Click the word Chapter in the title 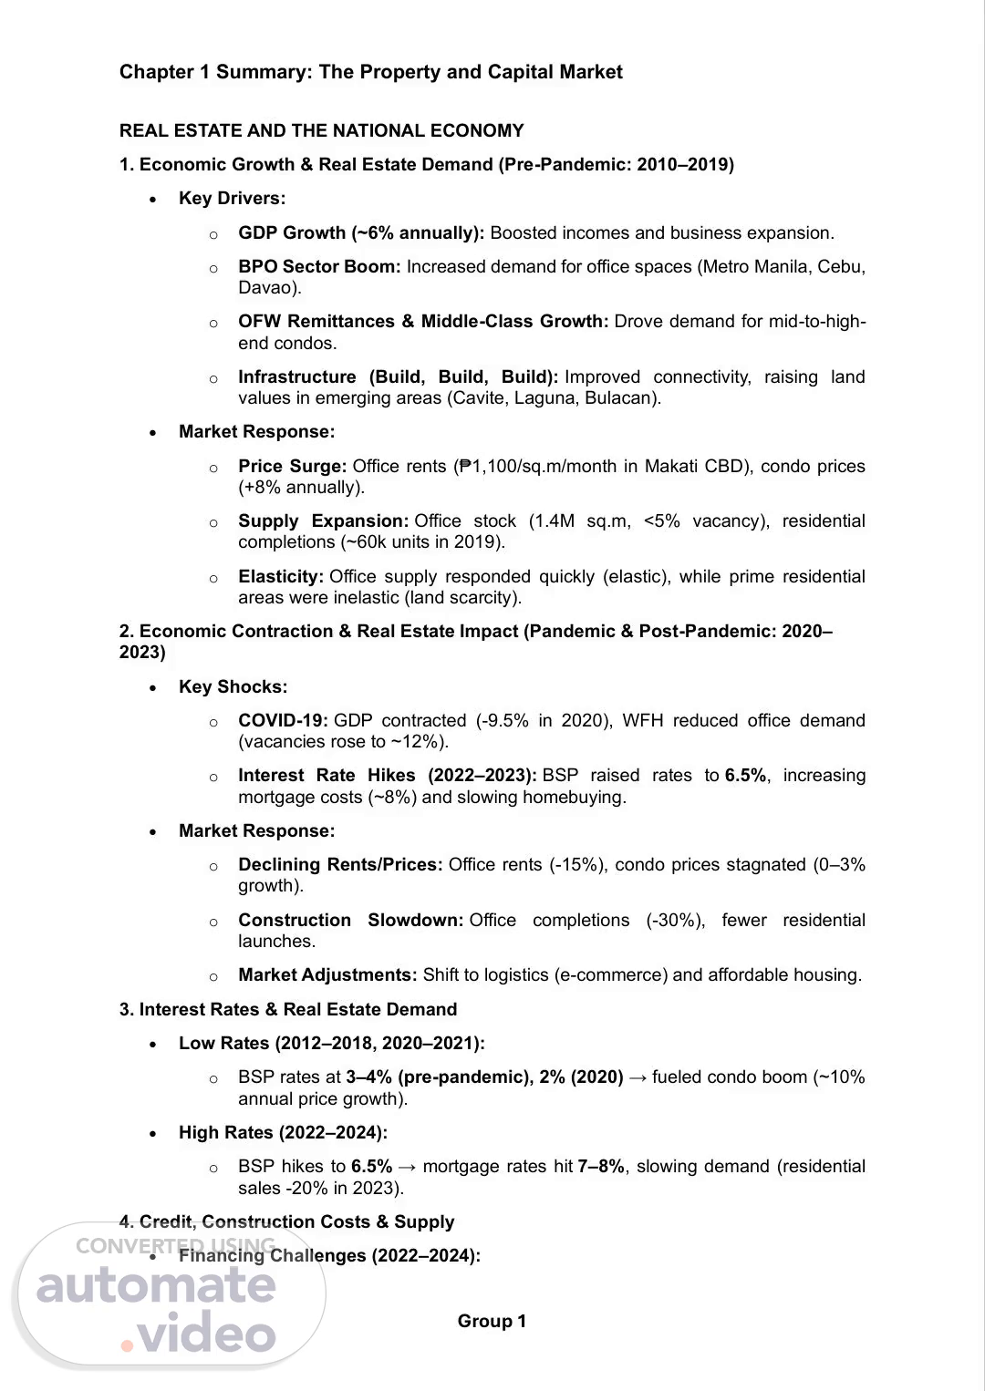[156, 72]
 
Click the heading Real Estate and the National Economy [321, 130]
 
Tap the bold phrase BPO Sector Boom [319, 266]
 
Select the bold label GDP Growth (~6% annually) [361, 232]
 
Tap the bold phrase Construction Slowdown [351, 920]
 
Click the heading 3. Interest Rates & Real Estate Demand [287, 1009]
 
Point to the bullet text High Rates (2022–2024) [283, 1132]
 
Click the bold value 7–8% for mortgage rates [601, 1166]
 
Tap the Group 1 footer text [492, 1321]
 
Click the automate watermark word [156, 1285]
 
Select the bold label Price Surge [292, 466]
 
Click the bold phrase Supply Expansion [323, 520]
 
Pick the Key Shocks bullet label [233, 686]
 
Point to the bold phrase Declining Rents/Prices [340, 864]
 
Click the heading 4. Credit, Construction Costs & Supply [286, 1221]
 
